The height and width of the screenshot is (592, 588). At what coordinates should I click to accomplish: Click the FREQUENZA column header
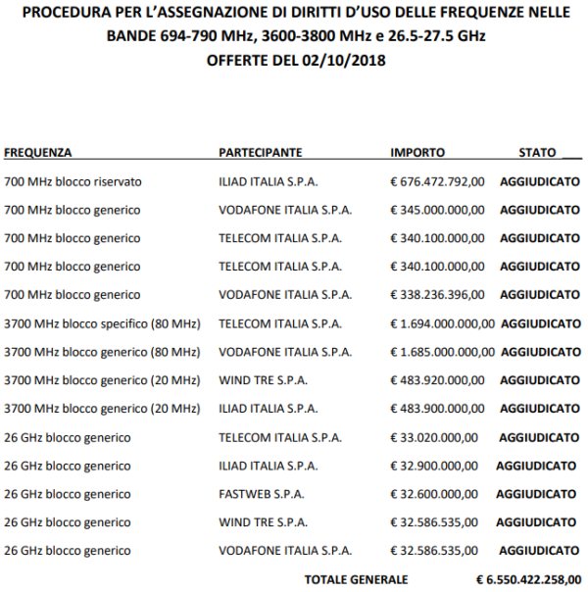tap(38, 154)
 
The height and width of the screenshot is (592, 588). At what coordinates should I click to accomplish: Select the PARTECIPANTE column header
tap(260, 154)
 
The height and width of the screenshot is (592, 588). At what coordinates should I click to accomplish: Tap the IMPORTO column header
tap(417, 154)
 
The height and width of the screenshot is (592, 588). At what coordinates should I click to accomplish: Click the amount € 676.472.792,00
tap(437, 182)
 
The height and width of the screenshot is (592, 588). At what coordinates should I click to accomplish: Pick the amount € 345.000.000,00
tap(437, 211)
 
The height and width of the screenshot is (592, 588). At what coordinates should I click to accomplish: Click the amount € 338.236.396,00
tap(437, 295)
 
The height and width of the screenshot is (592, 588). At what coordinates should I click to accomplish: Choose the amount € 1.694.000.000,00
tap(442, 323)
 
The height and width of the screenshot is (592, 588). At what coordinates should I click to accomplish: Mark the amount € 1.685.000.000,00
tap(442, 352)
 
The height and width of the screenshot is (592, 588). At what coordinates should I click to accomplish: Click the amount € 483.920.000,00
tap(437, 380)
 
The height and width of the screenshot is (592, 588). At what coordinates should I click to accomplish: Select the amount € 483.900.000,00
tap(437, 409)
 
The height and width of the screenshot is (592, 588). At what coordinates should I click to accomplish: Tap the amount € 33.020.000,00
tap(434, 437)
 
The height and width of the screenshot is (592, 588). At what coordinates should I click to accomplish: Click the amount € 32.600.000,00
tap(434, 494)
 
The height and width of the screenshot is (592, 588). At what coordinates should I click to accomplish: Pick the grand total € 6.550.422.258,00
tap(528, 579)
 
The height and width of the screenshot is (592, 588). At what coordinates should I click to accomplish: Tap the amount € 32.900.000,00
tap(434, 466)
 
